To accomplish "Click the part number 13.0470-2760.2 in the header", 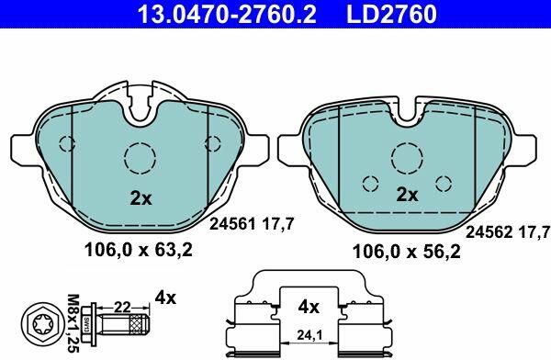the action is pyautogui.click(x=227, y=14).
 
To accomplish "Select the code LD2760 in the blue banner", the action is pyautogui.click(x=392, y=14).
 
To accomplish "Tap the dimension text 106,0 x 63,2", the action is pyautogui.click(x=139, y=251).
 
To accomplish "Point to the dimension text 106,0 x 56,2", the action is pyautogui.click(x=406, y=252).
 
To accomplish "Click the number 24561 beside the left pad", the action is pyautogui.click(x=232, y=223).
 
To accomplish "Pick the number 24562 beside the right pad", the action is pyautogui.click(x=489, y=232).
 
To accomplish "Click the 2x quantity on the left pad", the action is pyautogui.click(x=141, y=198).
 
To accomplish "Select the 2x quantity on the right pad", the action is pyautogui.click(x=407, y=195).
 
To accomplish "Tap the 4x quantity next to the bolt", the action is pyautogui.click(x=165, y=298).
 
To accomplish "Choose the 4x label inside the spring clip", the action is pyautogui.click(x=309, y=308).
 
